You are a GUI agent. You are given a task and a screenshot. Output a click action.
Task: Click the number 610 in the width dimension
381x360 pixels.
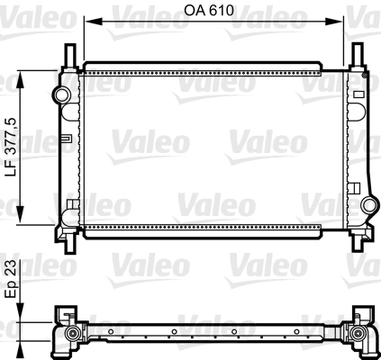pyautogui.click(x=222, y=12)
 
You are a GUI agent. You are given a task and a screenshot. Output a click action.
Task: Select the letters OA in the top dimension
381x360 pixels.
pyautogui.click(x=194, y=12)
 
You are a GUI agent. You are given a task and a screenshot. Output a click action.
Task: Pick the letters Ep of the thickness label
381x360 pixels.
pyautogui.click(x=12, y=292)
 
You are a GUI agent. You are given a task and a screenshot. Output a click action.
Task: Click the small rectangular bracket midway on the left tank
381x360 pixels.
pyautogui.click(x=67, y=139)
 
